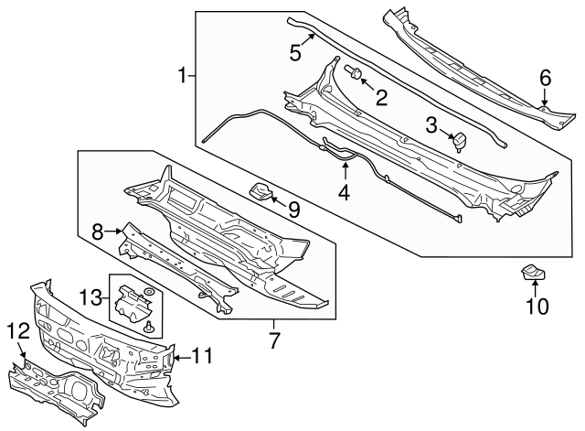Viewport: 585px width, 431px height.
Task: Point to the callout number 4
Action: (x=344, y=192)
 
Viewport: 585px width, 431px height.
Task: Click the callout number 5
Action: (x=295, y=51)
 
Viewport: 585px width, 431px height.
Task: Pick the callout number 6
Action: (x=545, y=79)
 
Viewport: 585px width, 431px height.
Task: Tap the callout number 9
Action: (x=293, y=210)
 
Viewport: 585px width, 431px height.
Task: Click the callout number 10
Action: (x=537, y=307)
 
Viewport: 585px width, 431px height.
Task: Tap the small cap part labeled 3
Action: (x=459, y=140)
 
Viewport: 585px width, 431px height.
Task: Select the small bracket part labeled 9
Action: (x=262, y=191)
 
